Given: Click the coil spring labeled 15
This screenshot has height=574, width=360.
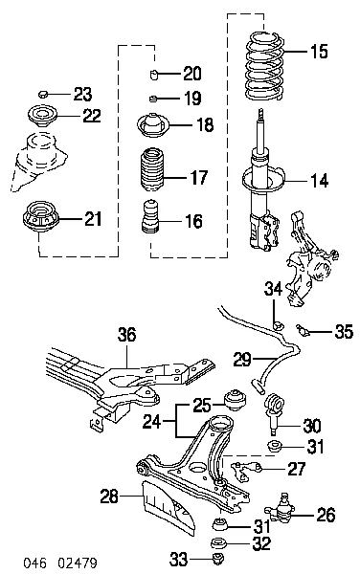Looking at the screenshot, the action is point(263,66).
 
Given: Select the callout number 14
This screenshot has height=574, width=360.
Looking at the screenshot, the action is point(320,181).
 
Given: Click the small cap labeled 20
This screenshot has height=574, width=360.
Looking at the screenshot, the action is point(154,75).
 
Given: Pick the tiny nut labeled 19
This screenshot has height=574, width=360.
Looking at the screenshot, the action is point(153,99).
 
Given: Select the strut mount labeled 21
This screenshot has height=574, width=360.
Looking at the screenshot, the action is point(39,217).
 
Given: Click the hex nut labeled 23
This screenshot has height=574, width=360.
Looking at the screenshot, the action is point(43,94).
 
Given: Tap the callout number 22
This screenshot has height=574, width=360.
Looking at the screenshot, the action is point(91,116).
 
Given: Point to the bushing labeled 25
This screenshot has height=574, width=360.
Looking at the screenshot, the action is point(235,401).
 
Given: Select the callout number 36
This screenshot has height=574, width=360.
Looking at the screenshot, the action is point(126,335).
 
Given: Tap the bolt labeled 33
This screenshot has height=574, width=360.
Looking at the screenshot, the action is point(219,559).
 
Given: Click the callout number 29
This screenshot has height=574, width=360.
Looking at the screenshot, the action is point(242,360).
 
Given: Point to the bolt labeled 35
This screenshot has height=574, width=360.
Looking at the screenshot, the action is point(303,328).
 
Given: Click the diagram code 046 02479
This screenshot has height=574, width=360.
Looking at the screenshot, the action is point(60,562).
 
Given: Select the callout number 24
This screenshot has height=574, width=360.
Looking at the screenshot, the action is point(152,422).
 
